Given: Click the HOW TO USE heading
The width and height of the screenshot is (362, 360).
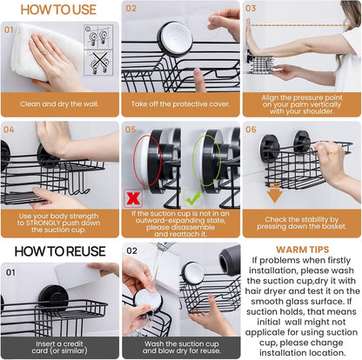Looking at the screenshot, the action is (x=58, y=10).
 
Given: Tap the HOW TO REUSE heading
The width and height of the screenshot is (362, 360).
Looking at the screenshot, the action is (x=60, y=251).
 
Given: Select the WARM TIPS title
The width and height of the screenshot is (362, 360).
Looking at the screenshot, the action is (x=302, y=250).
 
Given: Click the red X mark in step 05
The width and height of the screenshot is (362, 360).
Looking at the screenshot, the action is (x=133, y=198).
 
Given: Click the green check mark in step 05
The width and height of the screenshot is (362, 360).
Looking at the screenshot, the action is (x=193, y=197).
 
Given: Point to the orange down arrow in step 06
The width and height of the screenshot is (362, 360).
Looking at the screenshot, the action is (x=274, y=193).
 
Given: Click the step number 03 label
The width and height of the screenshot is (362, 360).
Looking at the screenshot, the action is (x=251, y=9).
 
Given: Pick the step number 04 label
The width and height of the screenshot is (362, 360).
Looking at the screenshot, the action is (x=9, y=130).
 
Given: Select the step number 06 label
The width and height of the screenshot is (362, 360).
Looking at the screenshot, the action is (x=251, y=130).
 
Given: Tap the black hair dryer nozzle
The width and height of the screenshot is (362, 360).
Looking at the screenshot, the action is (x=230, y=259).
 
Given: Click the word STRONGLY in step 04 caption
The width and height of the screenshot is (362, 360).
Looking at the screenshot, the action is (x=44, y=223).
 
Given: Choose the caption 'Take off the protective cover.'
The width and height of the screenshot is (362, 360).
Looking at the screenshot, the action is (x=180, y=103).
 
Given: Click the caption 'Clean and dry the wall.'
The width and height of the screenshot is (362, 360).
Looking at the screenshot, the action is (x=59, y=103).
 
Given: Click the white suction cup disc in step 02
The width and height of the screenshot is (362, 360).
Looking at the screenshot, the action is (x=176, y=38).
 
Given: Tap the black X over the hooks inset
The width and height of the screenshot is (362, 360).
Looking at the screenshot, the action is (x=99, y=61).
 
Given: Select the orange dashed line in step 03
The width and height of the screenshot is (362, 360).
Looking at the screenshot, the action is (x=300, y=25).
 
